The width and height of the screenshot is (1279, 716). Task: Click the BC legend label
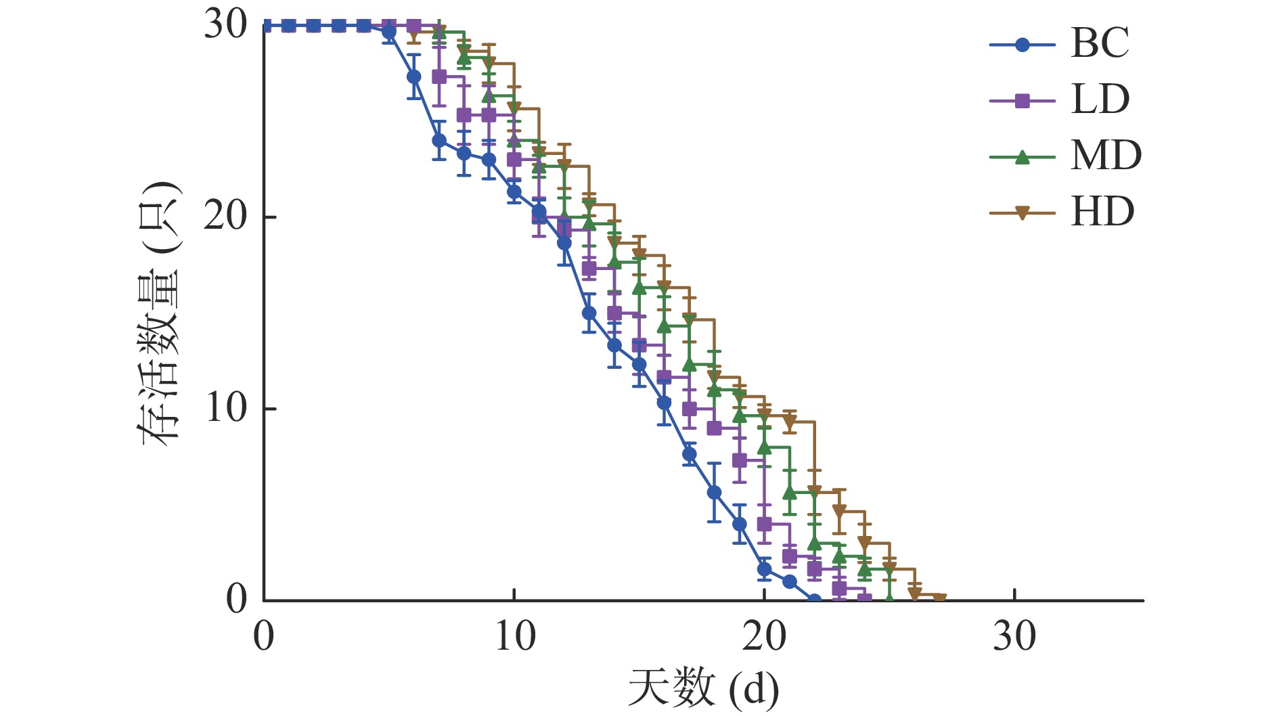1100,44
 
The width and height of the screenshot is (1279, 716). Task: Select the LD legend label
1100,100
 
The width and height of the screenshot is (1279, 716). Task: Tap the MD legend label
1106,156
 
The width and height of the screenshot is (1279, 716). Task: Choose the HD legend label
1102,212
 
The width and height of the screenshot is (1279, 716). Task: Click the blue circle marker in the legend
1023,45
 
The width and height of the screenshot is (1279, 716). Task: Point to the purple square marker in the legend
1023,102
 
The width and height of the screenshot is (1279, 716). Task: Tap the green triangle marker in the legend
1023,157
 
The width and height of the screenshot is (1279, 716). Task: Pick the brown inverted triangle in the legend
1023,214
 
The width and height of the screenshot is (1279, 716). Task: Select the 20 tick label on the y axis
226,217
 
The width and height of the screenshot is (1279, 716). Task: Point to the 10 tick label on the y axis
226,409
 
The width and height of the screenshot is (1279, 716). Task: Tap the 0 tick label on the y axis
237,600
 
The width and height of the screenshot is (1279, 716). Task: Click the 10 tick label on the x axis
514,637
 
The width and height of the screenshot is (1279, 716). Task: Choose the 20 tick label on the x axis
765,637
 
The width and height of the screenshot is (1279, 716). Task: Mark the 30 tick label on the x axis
1014,637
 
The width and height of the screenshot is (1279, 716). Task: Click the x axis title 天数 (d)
703,689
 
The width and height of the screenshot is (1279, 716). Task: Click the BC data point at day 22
815,600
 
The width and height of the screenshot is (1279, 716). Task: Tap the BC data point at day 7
439,141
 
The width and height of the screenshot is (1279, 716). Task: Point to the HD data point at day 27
939,598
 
